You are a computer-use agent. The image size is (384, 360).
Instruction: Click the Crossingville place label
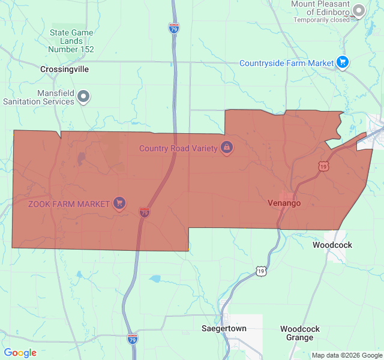(64, 69)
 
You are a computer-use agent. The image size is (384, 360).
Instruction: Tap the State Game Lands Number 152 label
(71, 41)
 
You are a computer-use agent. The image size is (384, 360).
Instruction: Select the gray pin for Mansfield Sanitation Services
(84, 96)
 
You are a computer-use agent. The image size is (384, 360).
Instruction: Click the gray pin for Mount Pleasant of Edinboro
(359, 10)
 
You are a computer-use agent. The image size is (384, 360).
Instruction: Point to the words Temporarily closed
(322, 20)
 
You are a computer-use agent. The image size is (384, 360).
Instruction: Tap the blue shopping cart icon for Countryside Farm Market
(343, 62)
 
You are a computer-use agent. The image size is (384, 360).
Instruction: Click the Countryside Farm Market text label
(286, 63)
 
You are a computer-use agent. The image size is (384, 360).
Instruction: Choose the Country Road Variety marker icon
(227, 147)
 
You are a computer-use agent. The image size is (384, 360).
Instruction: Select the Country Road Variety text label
(178, 148)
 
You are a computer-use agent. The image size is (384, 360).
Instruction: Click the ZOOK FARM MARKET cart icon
(119, 203)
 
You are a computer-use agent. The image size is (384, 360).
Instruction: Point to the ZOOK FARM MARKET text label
(69, 203)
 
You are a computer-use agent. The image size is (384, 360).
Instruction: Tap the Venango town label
(284, 203)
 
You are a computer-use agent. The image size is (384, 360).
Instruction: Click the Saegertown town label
(223, 329)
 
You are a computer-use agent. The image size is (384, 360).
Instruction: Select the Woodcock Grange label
(300, 333)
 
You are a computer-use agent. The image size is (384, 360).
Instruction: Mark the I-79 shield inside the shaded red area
(144, 212)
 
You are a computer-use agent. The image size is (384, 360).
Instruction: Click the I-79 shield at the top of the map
(173, 28)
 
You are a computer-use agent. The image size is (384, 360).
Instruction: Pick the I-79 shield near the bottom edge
(132, 339)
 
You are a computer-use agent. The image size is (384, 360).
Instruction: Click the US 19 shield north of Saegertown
(261, 271)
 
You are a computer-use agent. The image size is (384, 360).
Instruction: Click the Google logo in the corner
(20, 353)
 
